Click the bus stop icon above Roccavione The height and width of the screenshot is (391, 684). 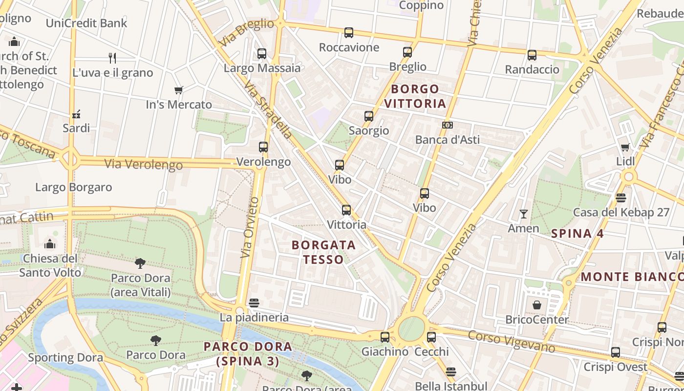pyautogui.click(x=348, y=33)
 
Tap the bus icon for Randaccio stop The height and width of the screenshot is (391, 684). pyautogui.click(x=532, y=55)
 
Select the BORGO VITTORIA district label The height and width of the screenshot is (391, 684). pyautogui.click(x=415, y=96)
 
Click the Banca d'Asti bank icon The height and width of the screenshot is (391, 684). pyautogui.click(x=447, y=125)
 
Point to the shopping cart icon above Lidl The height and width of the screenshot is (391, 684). pyautogui.click(x=625, y=147)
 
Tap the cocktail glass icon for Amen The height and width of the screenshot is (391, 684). pyautogui.click(x=523, y=214)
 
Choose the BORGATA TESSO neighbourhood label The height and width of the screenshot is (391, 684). pyautogui.click(x=323, y=252)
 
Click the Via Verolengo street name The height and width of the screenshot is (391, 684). pyautogui.click(x=143, y=164)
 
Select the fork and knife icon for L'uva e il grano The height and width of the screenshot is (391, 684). pyautogui.click(x=112, y=58)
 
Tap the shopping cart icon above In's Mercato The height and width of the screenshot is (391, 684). pyautogui.click(x=178, y=90)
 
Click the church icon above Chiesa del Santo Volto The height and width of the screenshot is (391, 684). pyautogui.click(x=50, y=244)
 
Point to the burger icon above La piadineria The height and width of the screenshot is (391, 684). pyautogui.click(x=254, y=303)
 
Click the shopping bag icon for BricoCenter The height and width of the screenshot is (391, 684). pyautogui.click(x=537, y=305)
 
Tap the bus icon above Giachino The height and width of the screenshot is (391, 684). pyautogui.click(x=385, y=337)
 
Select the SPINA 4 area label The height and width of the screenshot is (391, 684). pyautogui.click(x=577, y=234)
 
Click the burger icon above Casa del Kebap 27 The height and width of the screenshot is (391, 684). pyautogui.click(x=620, y=198)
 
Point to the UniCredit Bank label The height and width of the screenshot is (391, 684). pyautogui.click(x=86, y=23)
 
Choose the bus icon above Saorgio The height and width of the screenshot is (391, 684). pyautogui.click(x=369, y=116)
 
